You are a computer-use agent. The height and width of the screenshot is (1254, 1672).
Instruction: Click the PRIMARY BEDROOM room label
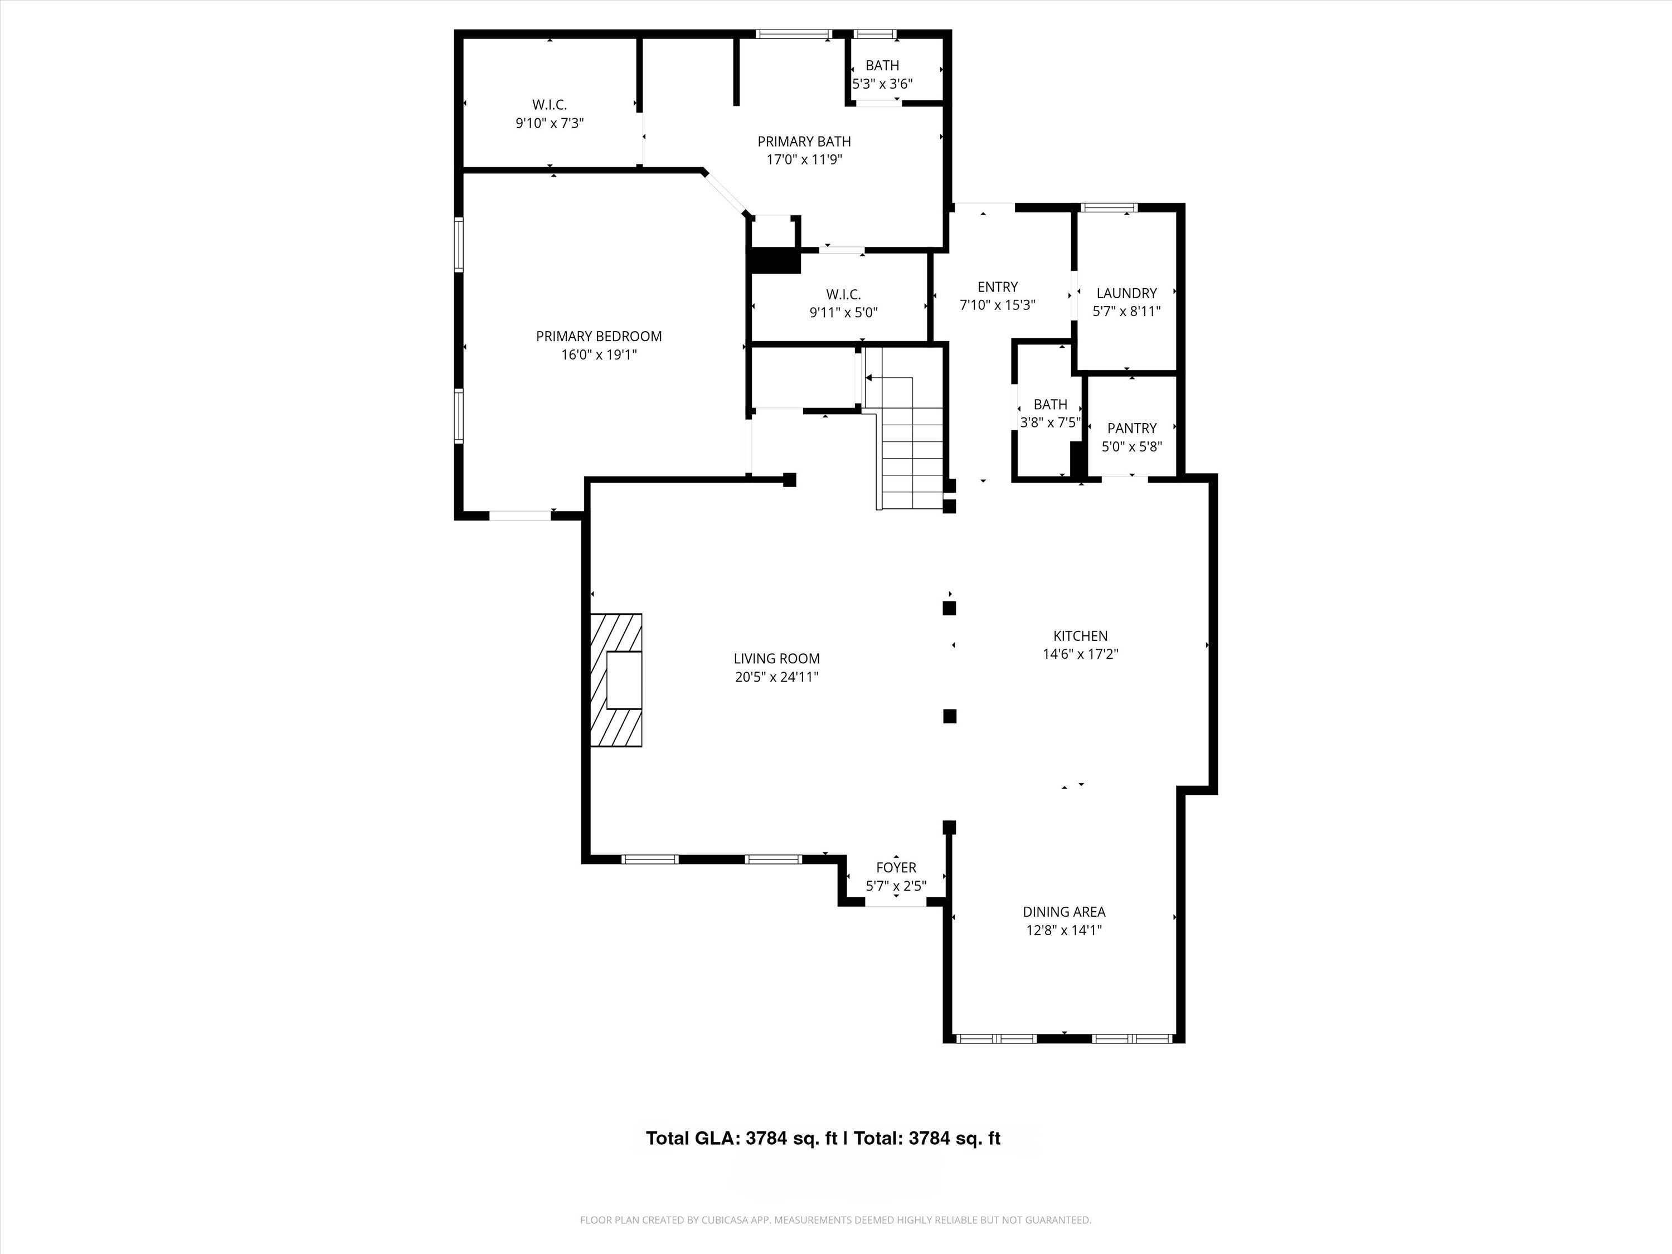coord(599,337)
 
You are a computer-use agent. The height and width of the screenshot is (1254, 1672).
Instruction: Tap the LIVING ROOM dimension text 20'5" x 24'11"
coord(776,677)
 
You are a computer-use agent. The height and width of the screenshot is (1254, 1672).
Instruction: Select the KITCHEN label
coord(1080,636)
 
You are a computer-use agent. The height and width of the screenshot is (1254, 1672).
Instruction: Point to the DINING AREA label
coord(1063,912)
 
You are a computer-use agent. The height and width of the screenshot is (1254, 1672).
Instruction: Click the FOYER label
coord(896,868)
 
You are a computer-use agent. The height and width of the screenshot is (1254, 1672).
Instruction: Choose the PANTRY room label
coord(1131,428)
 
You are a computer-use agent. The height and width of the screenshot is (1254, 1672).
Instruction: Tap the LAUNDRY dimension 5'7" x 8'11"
coord(1126,310)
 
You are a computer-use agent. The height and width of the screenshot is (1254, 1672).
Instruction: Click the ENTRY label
coord(997,287)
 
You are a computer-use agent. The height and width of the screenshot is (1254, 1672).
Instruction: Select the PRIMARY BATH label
coord(804,142)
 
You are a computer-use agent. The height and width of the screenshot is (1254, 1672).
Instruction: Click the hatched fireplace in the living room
coord(616,681)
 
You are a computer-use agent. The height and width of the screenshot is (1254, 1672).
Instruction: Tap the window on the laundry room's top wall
coord(1109,208)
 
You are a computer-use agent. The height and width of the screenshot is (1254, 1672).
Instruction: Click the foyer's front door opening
coord(896,902)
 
